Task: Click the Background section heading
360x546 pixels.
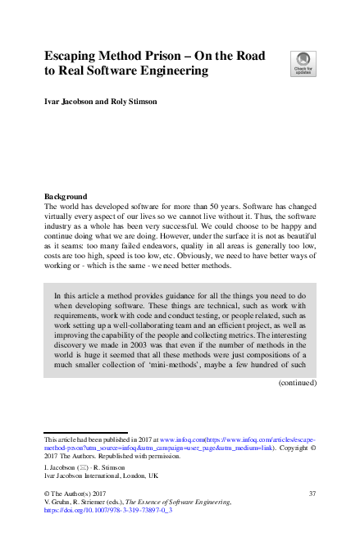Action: (x=66, y=197)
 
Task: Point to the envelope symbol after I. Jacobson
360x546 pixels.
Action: (x=87, y=466)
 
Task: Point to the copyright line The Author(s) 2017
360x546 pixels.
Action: (x=78, y=492)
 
